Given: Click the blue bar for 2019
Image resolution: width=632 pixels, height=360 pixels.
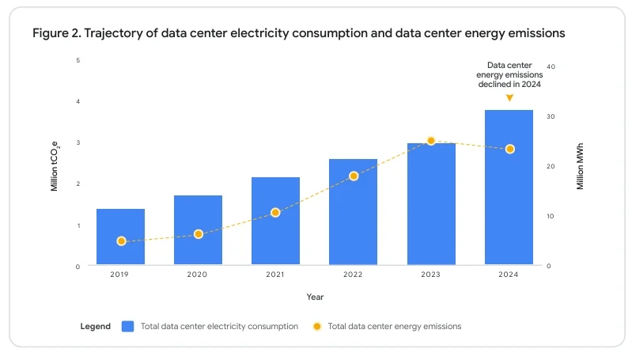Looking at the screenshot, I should (120, 237).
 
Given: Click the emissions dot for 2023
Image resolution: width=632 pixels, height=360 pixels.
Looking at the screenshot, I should (431, 141).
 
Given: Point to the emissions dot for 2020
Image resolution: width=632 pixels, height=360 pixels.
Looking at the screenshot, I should (199, 234).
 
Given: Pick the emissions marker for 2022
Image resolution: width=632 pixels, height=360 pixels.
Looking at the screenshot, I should (354, 176).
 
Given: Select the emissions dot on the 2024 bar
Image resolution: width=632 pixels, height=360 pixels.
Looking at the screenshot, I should (509, 149).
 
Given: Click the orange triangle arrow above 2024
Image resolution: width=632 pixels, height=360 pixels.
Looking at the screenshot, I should (509, 98).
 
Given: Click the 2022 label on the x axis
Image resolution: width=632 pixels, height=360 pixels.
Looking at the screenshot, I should (353, 275).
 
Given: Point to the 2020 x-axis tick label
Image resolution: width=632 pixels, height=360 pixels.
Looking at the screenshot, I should (198, 275).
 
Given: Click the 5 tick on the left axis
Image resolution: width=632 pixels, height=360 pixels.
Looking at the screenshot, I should (78, 60).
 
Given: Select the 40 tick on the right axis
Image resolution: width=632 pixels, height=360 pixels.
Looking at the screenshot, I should (551, 66).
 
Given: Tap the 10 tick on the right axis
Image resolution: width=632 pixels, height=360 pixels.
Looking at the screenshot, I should (551, 216).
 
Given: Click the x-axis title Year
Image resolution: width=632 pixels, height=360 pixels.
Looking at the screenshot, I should (315, 297).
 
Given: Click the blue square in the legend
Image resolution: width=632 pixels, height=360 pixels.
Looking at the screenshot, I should (128, 326).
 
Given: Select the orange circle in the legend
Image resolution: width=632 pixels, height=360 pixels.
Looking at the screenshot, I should (317, 326).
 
